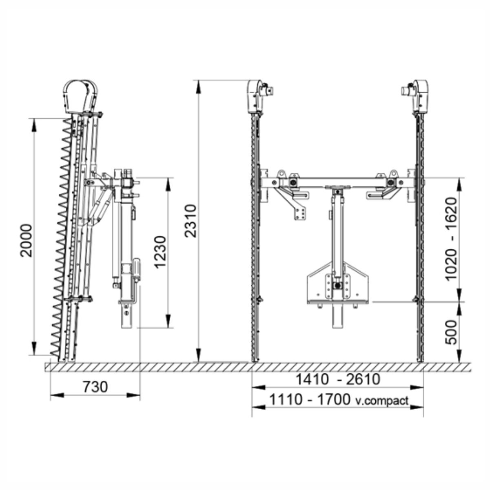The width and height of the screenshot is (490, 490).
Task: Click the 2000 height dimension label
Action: point(27,240)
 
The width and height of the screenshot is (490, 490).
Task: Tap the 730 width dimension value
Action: point(95,387)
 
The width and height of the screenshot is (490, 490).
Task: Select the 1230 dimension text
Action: point(160,252)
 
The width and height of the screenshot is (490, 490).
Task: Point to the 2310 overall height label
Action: point(191,221)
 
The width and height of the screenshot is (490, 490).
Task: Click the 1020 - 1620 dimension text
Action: point(451,239)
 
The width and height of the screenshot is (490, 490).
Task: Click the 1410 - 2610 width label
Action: point(338,379)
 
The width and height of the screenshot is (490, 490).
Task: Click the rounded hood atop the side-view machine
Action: point(80,96)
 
